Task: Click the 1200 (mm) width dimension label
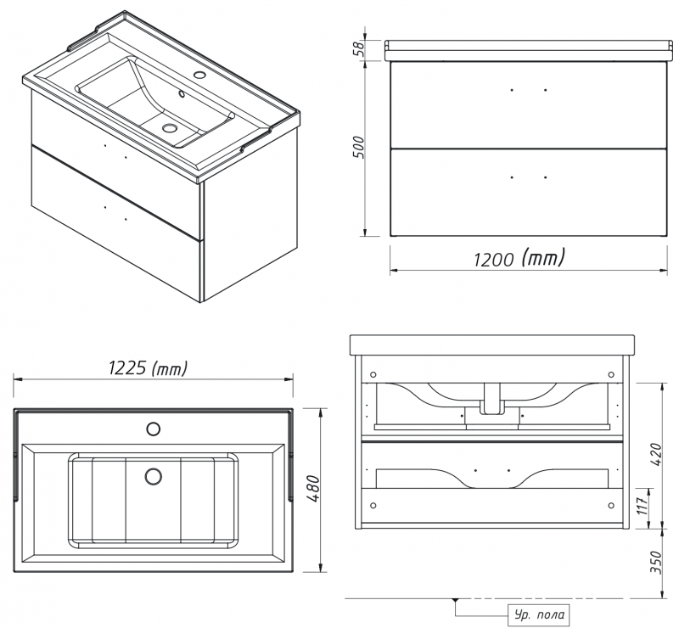(519, 259)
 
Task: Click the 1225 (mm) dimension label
(148, 368)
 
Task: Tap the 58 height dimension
(358, 49)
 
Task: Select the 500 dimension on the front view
(358, 148)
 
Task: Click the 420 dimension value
(655, 454)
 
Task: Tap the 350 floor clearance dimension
(655, 562)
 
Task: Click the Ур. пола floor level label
(539, 614)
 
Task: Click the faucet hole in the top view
(154, 429)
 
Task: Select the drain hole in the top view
(154, 476)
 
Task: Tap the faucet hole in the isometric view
(199, 75)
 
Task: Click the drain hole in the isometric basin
(169, 127)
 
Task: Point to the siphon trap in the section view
(491, 400)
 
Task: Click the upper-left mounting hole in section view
(373, 374)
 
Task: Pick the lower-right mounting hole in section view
(611, 506)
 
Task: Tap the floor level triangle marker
(455, 601)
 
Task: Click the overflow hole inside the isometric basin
(181, 93)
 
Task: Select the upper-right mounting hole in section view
(611, 374)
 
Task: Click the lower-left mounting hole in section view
(373, 506)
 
